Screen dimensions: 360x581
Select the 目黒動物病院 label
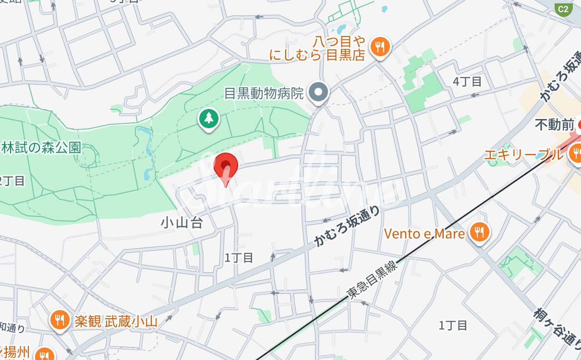coord(264,93)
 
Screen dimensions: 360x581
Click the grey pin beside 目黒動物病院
coord(317,92)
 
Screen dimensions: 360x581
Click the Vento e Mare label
coord(424,234)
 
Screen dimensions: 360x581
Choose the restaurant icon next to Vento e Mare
coord(479,233)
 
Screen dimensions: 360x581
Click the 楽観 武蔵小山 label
coord(116,321)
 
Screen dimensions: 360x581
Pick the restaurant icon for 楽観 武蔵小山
coord(60,320)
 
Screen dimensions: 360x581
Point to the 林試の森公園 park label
coord(40,148)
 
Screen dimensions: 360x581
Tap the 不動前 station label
coord(554,125)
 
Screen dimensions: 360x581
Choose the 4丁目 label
coord(467,82)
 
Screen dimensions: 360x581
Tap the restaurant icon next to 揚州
coord(45,354)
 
